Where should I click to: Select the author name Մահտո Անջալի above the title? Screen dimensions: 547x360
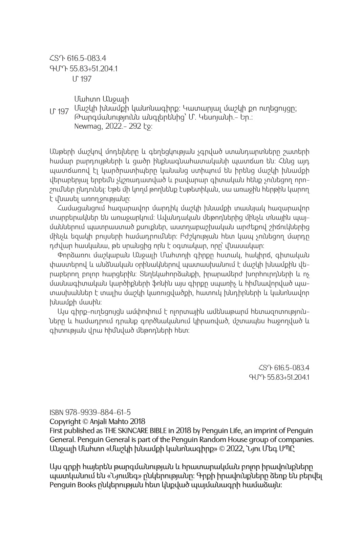coord(101,100)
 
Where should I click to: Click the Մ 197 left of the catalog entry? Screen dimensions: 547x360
coord(59,111)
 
